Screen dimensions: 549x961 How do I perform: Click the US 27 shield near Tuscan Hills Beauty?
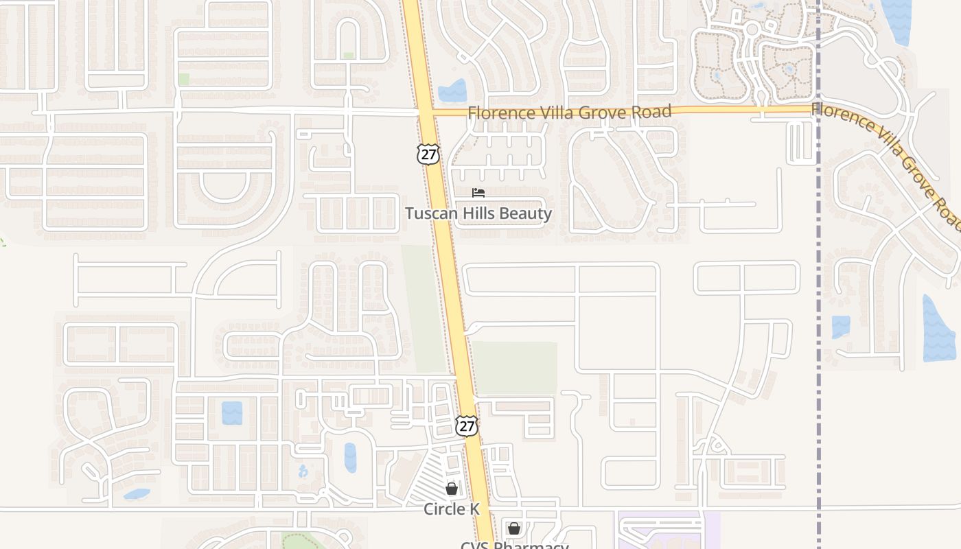pos(428,154)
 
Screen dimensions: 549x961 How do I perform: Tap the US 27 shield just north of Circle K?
pos(467,425)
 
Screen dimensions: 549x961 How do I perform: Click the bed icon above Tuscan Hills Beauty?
pos(478,193)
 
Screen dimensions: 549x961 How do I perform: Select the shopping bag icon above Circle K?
pos(452,489)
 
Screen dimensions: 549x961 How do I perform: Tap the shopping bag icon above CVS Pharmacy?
pos(513,528)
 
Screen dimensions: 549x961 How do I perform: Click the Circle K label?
pos(452,509)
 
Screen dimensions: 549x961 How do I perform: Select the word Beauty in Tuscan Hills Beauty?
pos(526,213)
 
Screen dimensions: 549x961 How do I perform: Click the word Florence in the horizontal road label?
pos(495,113)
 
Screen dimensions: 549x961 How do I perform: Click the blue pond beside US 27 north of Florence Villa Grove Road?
pos(453,91)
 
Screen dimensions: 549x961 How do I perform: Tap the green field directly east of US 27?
pos(515,367)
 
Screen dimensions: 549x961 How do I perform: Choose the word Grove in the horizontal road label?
pos(601,112)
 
